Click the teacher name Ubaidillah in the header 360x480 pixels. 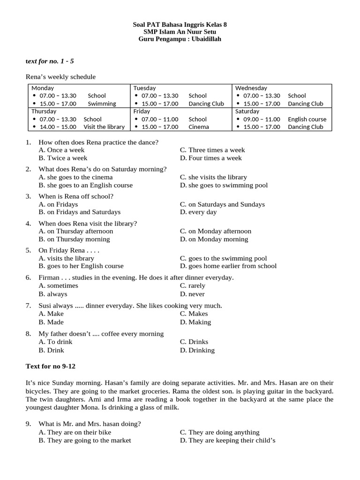tap(203, 39)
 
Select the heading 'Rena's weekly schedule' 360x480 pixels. tap(60, 77)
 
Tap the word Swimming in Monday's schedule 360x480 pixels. tap(102, 104)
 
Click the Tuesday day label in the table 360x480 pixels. tap(144, 88)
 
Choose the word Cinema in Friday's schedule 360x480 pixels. tap(199, 127)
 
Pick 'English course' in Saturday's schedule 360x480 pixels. tap(307, 119)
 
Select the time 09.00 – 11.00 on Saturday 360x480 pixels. tap(262, 119)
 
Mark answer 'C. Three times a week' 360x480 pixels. tap(212, 150)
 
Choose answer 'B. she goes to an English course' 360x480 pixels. tap(86, 185)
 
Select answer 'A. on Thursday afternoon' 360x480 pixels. tap(76, 231)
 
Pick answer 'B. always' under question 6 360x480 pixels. tap(53, 294)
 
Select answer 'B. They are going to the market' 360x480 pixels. tap(85, 440)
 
